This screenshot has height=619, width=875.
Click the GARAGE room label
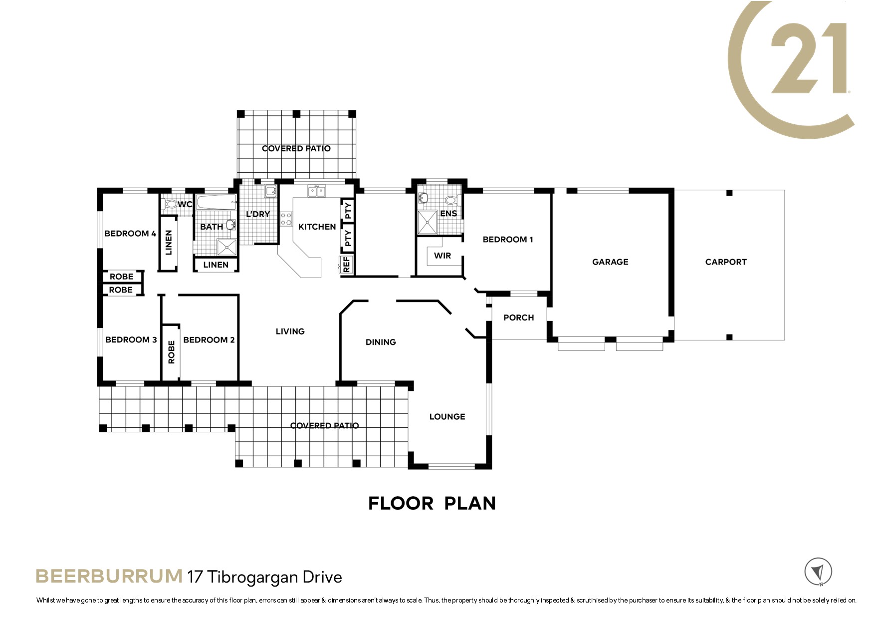click(610, 262)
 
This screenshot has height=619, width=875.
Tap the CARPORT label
click(726, 262)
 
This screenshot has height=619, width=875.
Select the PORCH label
click(519, 317)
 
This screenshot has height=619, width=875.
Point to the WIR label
click(442, 256)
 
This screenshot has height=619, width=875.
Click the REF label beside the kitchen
click(347, 265)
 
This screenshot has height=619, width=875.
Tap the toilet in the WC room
click(170, 204)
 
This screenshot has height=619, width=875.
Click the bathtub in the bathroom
click(216, 202)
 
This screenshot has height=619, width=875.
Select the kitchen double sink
click(316, 191)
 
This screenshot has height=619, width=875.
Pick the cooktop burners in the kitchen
click(286, 219)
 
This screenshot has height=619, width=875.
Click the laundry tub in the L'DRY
click(270, 191)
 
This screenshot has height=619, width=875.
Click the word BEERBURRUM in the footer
click(109, 576)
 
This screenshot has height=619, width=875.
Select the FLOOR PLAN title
click(432, 503)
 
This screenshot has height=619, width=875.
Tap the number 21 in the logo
click(809, 58)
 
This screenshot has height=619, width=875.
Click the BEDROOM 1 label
click(508, 240)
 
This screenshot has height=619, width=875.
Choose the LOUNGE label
click(447, 417)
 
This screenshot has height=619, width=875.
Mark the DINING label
click(381, 342)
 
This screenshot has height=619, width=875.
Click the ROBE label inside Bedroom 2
click(172, 352)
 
